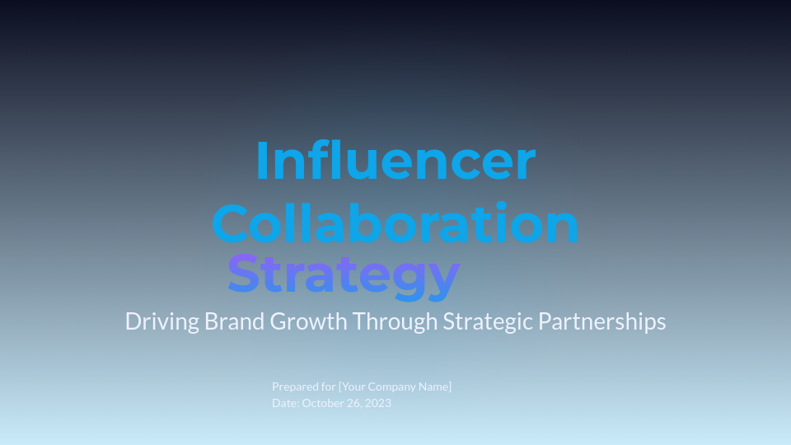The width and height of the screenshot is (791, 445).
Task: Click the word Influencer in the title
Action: (x=395, y=161)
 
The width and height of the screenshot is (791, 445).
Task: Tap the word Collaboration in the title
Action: (x=395, y=222)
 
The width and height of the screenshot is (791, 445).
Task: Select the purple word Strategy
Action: (x=343, y=275)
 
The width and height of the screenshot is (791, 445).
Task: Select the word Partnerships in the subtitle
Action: (x=601, y=321)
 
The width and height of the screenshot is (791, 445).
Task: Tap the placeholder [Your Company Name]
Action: (x=395, y=386)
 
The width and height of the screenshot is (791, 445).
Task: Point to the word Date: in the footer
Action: (x=285, y=403)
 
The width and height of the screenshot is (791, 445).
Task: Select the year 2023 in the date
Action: (x=379, y=403)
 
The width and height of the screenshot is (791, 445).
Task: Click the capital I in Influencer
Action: (x=263, y=161)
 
